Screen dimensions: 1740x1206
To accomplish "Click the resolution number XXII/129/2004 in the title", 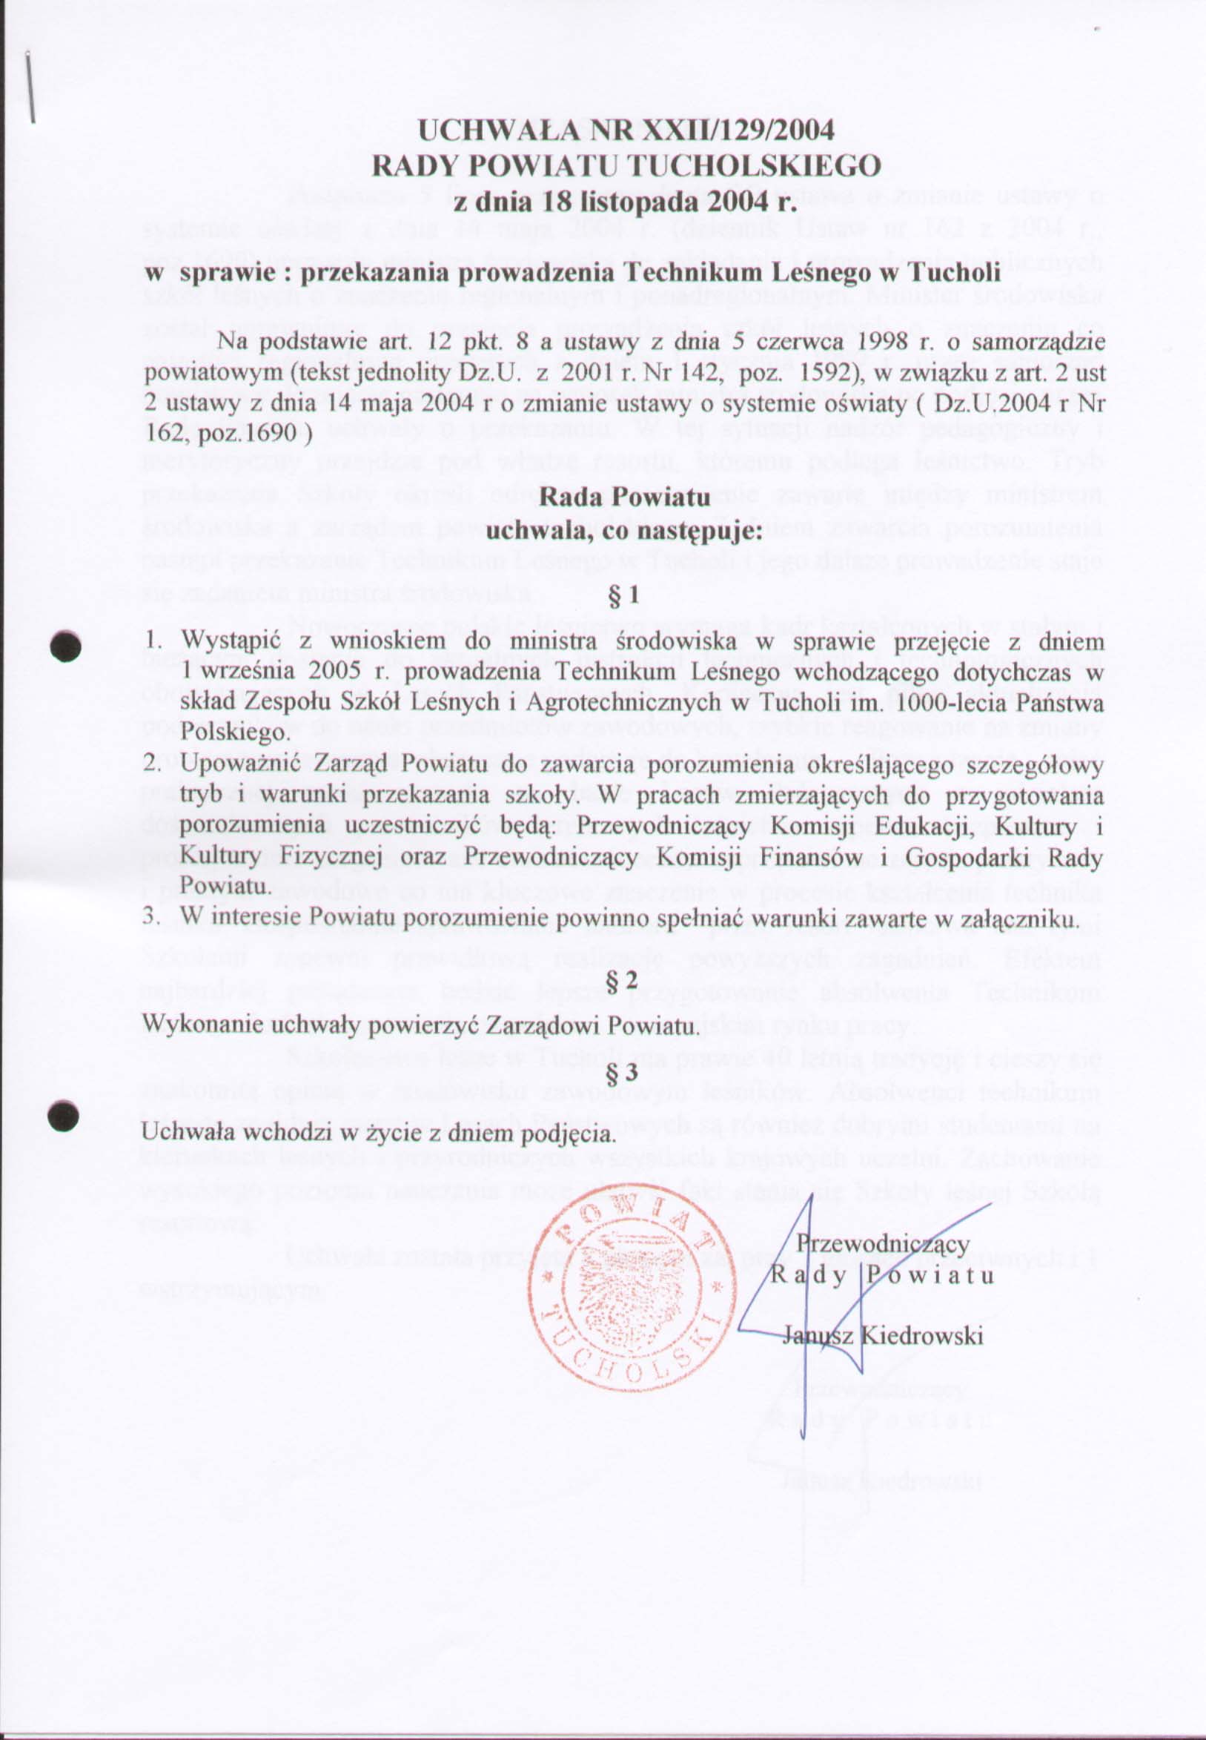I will tap(732, 130).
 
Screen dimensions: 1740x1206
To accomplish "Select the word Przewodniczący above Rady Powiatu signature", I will tap(884, 1243).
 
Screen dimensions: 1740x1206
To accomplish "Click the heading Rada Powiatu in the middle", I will tap(624, 497).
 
